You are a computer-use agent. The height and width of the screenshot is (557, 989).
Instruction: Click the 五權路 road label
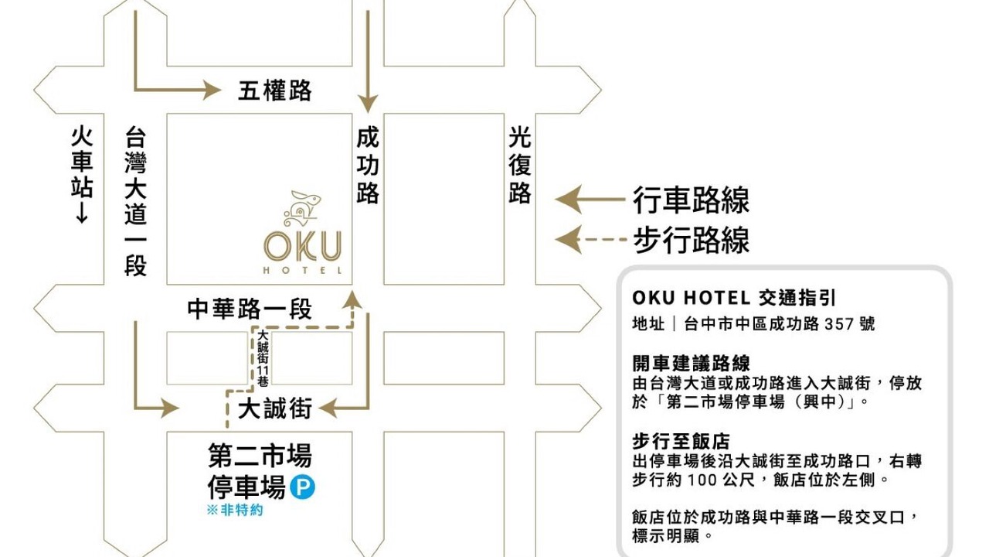click(274, 91)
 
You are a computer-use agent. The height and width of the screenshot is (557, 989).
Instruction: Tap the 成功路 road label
click(368, 166)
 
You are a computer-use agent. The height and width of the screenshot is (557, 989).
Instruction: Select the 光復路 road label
click(520, 166)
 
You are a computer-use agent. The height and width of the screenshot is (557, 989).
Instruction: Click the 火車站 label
click(82, 162)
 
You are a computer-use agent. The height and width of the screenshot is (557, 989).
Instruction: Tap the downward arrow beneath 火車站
click(82, 212)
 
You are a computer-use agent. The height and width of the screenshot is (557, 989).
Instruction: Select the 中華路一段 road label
click(250, 309)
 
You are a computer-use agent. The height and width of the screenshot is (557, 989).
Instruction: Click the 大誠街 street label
click(274, 408)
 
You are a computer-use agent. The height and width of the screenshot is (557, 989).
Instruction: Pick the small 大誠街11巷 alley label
click(262, 358)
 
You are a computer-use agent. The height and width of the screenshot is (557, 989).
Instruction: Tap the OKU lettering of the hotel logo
click(303, 247)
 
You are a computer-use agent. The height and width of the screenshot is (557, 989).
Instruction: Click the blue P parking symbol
click(302, 488)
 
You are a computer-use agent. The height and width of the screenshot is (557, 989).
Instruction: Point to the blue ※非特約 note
click(234, 511)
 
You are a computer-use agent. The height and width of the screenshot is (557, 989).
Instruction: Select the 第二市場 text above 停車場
click(260, 456)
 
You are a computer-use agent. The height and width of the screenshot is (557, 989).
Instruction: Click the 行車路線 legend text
click(692, 200)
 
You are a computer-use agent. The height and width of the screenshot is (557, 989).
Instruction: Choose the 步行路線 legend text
click(692, 241)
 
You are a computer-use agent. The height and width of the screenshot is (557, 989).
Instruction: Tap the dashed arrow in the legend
click(591, 240)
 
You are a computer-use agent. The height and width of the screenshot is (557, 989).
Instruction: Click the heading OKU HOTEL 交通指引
click(734, 298)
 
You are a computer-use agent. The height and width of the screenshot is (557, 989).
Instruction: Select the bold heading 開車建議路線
click(692, 363)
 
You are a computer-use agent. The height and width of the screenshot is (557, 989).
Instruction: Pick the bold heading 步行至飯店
click(681, 442)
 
